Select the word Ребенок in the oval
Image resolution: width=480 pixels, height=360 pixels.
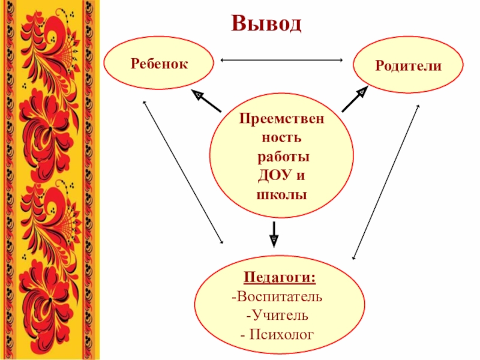(x=158, y=62)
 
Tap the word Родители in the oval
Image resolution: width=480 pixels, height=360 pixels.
(x=409, y=65)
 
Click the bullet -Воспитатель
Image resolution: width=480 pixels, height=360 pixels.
(x=277, y=297)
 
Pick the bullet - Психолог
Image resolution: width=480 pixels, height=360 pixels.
(x=277, y=332)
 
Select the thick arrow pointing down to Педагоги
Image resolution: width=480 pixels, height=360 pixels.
(x=274, y=233)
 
